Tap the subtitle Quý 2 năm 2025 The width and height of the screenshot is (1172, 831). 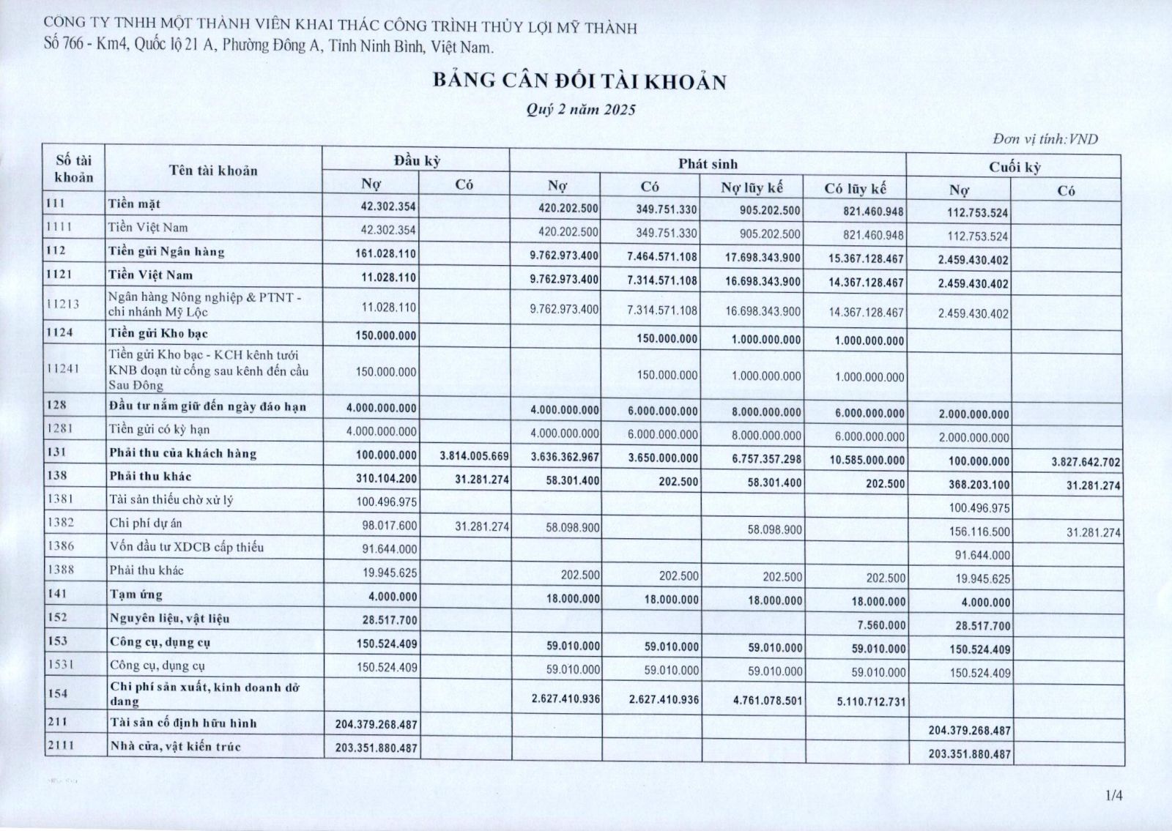pos(580,111)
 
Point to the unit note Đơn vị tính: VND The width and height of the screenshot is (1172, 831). pos(1045,139)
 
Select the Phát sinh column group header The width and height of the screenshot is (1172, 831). pos(708,163)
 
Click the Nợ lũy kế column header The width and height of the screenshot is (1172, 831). pos(752,187)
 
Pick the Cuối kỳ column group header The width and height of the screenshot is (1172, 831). pos(1015,167)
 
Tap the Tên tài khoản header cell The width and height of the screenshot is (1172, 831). pos(213,171)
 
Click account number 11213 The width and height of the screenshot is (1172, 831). pos(62,305)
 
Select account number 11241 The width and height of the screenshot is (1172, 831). pos(62,370)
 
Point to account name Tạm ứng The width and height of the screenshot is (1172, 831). pos(136,595)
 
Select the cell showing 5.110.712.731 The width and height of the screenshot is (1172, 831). pos(870,701)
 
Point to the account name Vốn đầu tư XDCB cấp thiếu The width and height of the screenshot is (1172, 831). pos(186,547)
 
